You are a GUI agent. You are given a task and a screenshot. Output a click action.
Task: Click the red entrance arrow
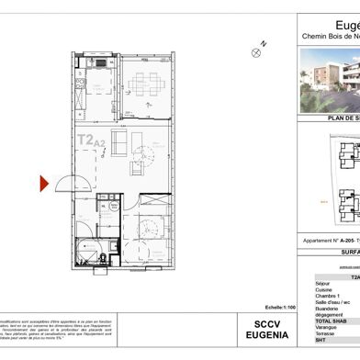(43, 184)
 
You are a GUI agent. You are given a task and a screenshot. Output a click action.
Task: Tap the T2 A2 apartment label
(89, 141)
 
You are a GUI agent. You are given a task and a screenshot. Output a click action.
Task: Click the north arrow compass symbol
(258, 51)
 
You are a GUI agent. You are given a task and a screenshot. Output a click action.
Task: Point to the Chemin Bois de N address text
(331, 37)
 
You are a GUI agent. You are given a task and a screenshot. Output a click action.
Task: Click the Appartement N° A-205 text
(331, 242)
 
